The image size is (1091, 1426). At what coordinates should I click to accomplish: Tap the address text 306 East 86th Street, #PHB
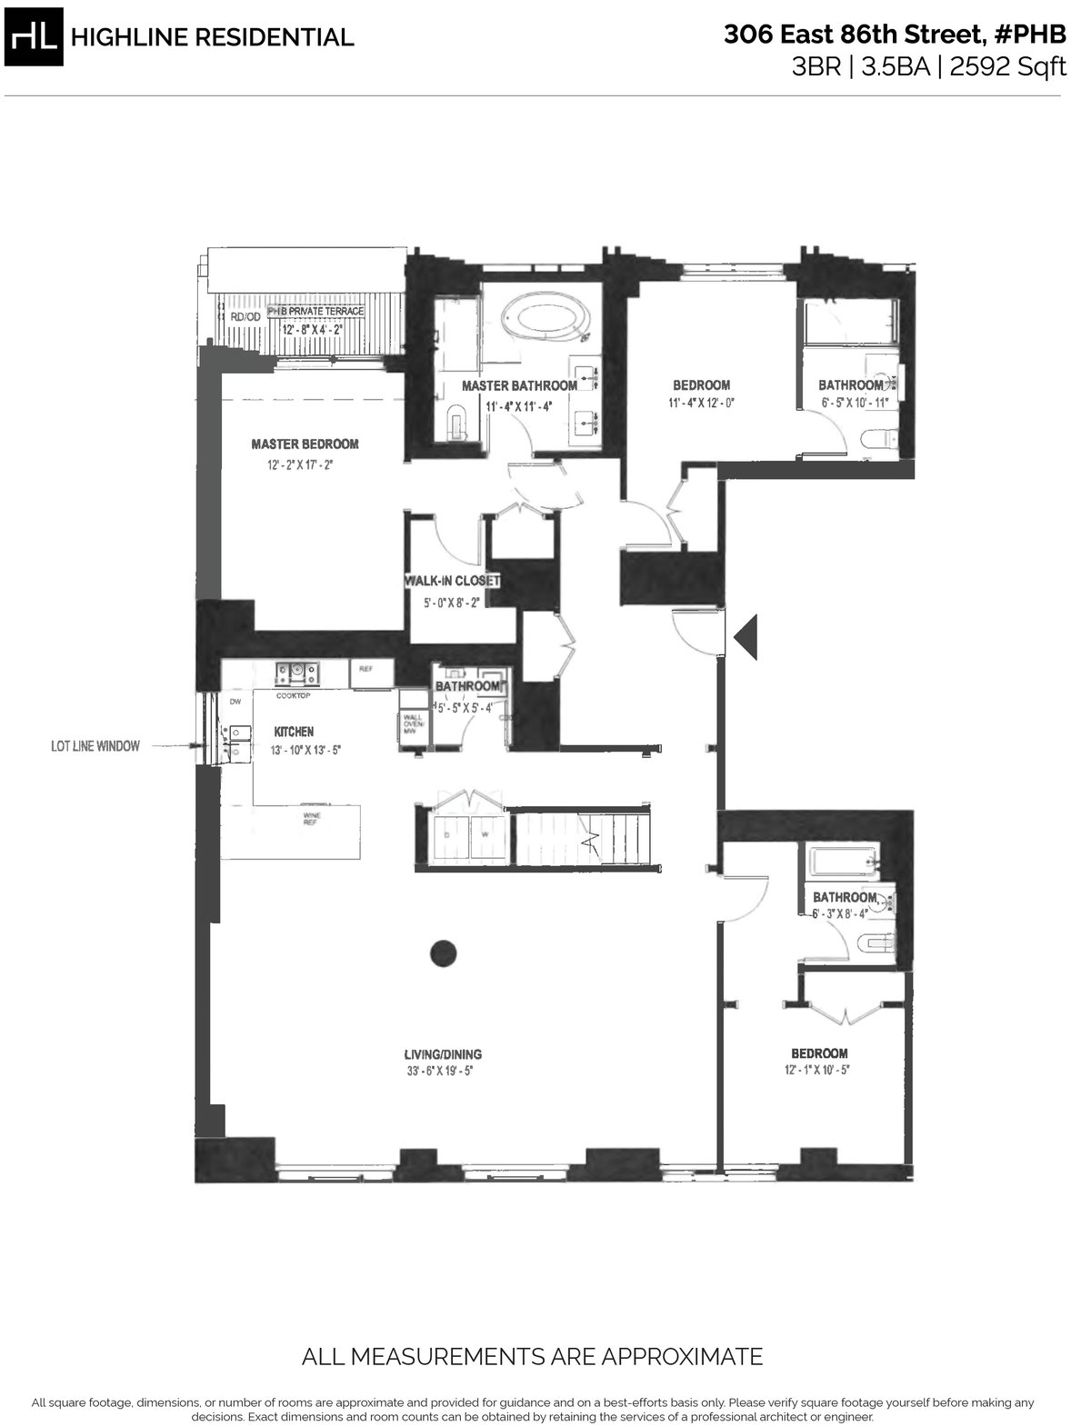pos(895,35)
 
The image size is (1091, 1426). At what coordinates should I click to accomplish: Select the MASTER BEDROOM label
pos(305,444)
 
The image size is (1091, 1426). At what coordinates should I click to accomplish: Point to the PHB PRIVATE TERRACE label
pos(315,312)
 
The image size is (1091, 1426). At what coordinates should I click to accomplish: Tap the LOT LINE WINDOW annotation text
pos(95,746)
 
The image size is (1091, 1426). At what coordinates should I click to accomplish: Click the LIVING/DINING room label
pos(443,1054)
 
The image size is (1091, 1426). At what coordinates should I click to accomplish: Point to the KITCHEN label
pos(294,732)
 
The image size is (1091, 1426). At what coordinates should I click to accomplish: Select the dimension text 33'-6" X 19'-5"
pos(442,1071)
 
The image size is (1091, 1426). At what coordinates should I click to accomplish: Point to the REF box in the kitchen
pos(366,669)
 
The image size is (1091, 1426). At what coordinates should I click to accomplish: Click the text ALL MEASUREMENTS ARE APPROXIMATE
pos(532,1358)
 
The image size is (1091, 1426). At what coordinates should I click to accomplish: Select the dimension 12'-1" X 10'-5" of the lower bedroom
pos(818,1070)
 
